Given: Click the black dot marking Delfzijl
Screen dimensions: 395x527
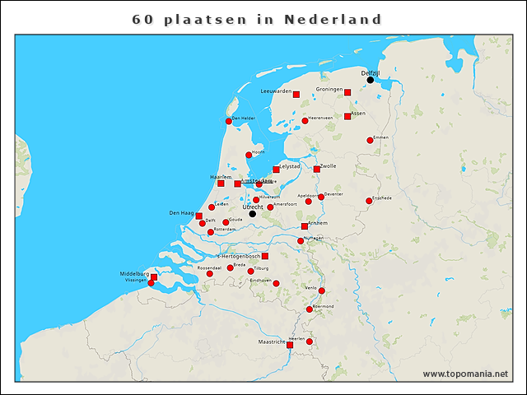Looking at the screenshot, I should [371, 80].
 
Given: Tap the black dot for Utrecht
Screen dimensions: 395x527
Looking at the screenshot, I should [253, 214].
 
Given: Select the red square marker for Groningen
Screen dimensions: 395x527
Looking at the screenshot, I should [347, 93].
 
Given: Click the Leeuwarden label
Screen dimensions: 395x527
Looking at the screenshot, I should [276, 91].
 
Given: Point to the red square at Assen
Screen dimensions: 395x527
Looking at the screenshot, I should [347, 117].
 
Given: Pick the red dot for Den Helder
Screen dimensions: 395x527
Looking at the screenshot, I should [229, 121].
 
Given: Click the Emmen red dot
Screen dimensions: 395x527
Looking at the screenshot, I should [370, 141].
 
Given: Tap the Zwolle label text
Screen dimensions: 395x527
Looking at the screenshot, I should [328, 165].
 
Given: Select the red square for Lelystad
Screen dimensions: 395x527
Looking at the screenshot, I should [277, 170].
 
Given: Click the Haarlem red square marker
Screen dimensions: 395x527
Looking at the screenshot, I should [221, 183].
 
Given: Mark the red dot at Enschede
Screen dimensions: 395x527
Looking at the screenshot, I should [369, 201].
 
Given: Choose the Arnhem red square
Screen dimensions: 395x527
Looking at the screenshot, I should [305, 225].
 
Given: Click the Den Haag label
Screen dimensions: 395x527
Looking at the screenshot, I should [180, 213].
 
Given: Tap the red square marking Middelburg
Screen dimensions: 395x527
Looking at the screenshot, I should [154, 277].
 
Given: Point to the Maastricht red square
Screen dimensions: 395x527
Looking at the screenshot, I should [290, 345].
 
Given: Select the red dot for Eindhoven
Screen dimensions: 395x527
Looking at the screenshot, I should [276, 284].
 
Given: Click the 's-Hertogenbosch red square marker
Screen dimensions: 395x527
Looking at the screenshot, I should [264, 256].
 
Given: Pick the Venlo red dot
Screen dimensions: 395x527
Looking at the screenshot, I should [321, 290].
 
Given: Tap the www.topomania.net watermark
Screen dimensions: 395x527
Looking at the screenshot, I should [465, 374].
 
